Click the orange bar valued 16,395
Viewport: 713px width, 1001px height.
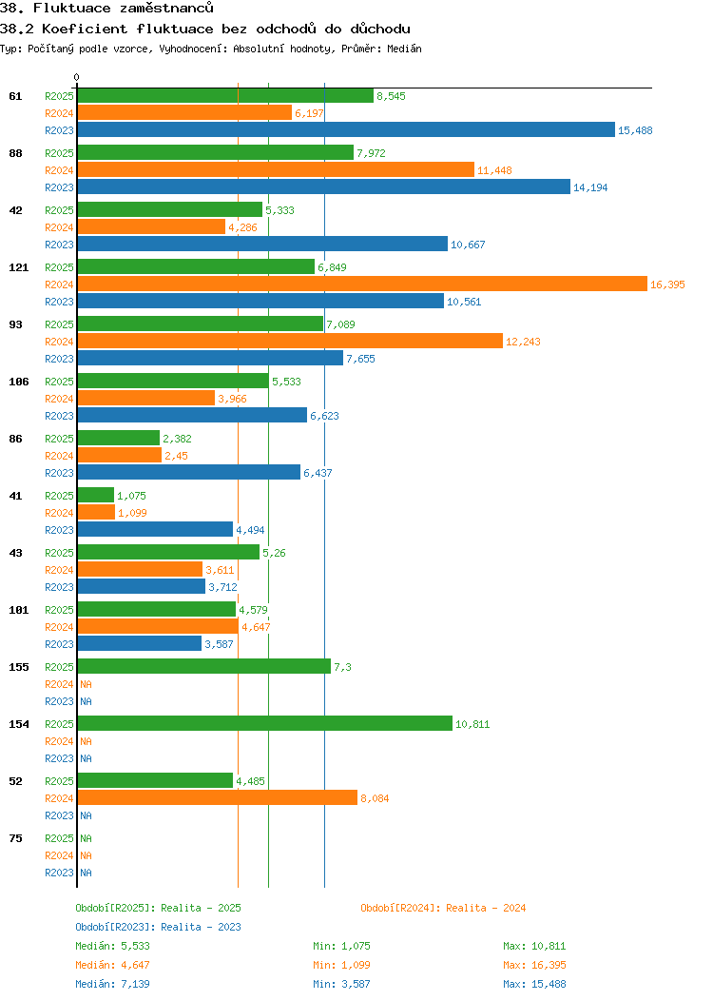point(361,284)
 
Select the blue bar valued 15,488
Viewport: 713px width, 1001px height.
point(346,129)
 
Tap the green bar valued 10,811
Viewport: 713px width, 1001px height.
point(264,723)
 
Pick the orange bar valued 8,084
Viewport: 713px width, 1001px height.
point(217,797)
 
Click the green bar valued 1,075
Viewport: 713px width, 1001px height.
point(95,495)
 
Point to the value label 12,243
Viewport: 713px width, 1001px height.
point(523,342)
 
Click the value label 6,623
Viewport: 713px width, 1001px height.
point(325,416)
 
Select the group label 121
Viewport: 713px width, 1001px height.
point(18,267)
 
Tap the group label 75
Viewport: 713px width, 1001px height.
point(15,838)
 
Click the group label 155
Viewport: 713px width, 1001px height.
point(18,667)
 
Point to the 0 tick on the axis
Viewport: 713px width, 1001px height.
point(77,77)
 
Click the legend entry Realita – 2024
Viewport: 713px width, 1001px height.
point(443,908)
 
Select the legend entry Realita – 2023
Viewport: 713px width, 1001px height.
point(158,927)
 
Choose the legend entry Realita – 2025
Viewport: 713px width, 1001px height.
point(158,908)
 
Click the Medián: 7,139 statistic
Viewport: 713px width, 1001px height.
point(112,984)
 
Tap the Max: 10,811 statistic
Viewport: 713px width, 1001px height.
point(534,946)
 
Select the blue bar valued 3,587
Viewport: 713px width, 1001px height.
point(139,643)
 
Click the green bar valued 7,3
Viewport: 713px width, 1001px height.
point(203,666)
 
